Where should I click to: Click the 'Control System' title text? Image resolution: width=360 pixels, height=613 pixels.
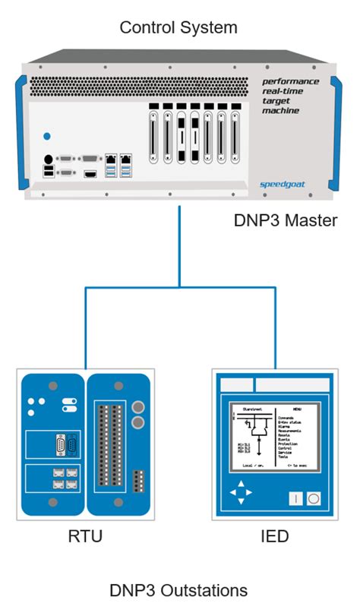178,28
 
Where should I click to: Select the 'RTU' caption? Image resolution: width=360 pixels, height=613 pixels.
85,537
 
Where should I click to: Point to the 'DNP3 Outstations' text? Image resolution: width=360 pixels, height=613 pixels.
178,590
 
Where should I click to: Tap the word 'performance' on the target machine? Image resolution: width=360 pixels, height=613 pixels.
290,81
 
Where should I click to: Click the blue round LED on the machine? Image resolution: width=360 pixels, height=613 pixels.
48,137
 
